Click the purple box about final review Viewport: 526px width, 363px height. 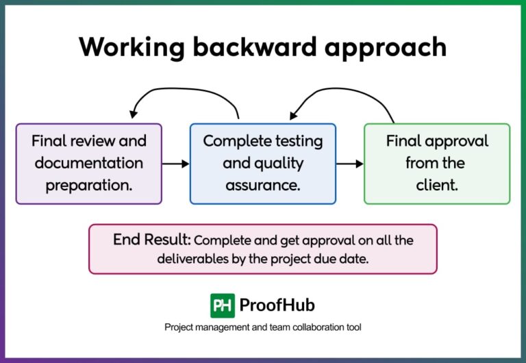click(89, 164)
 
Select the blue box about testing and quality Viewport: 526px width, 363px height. click(263, 164)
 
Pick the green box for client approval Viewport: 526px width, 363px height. click(437, 164)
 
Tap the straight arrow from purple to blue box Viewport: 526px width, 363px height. click(175, 164)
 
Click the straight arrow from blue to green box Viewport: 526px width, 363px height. click(350, 164)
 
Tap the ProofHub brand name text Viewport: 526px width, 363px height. click(277, 305)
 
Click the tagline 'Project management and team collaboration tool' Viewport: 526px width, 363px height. click(263, 327)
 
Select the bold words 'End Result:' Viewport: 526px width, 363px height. click(152, 240)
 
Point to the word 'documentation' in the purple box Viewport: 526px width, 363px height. click(89, 164)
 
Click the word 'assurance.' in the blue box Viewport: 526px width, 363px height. click(263, 185)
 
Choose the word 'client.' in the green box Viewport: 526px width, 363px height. click(436, 185)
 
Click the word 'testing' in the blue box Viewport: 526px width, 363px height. click(296, 142)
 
